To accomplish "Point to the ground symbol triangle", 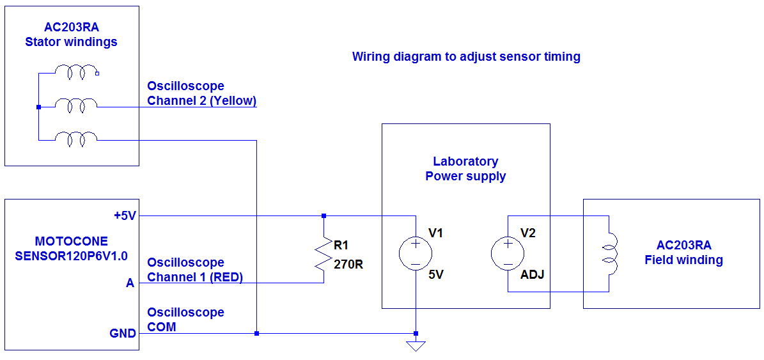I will pos(416,346).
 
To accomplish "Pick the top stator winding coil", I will pos(77,72).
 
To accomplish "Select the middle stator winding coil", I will pos(77,104).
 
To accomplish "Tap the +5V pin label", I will pos(125,216).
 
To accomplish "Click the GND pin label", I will pos(123,333).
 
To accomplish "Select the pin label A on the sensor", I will pos(130,283).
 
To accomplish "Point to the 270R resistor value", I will pos(348,263).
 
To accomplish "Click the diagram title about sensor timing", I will pos(466,57).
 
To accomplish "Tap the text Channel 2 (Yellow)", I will pos(201,101).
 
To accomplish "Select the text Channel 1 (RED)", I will pos(195,278).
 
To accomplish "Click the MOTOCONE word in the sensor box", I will pos(72,242).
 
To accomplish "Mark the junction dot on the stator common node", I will pos(38,107).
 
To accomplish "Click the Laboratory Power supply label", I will pos(465,169).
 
